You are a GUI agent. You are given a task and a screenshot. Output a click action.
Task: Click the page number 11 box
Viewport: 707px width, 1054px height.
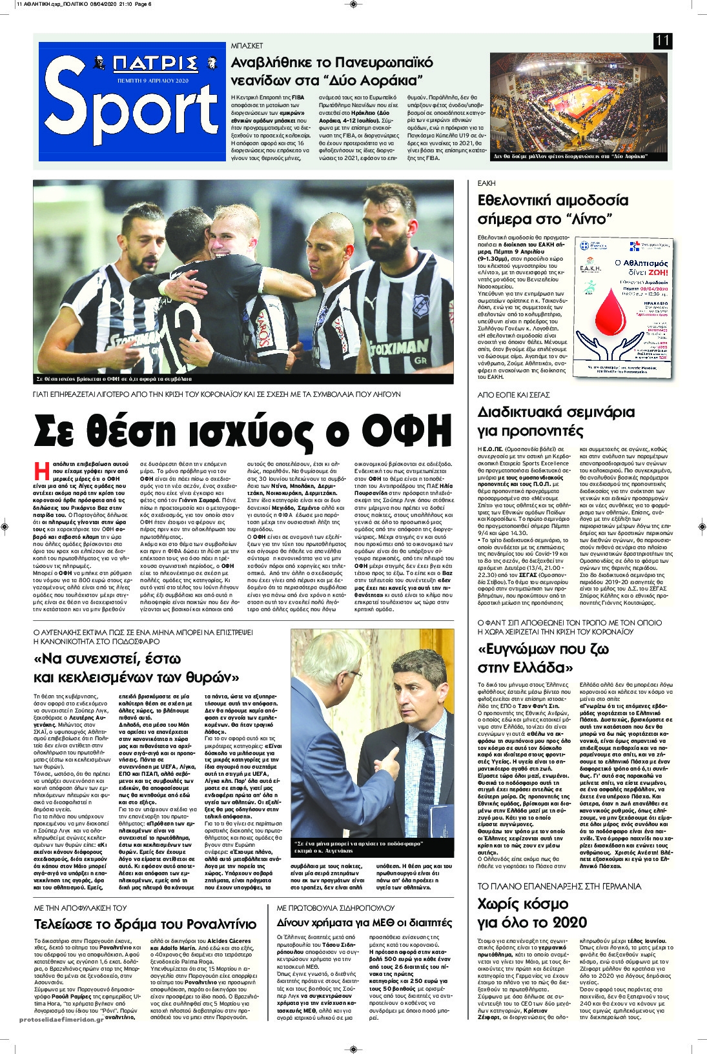[x=662, y=41]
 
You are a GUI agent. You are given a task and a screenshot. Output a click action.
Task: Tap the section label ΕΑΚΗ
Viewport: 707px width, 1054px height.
[x=486, y=183]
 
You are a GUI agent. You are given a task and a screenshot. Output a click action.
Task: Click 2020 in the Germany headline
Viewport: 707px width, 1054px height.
[x=564, y=922]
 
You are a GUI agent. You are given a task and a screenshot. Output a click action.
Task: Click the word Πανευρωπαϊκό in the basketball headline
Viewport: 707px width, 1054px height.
[x=366, y=63]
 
